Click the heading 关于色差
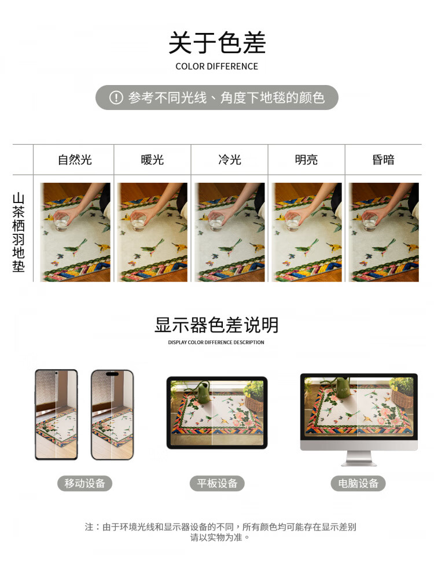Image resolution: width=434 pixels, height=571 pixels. click(x=217, y=43)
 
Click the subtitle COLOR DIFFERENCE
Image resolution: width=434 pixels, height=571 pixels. click(x=217, y=67)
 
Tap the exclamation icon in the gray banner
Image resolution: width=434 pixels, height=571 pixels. click(x=116, y=98)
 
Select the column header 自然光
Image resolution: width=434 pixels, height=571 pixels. click(x=75, y=160)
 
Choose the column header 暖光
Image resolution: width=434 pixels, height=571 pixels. click(x=152, y=160)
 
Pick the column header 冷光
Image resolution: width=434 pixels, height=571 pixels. click(x=230, y=160)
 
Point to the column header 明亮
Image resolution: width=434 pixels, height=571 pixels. click(x=307, y=160)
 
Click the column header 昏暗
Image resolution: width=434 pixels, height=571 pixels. click(x=383, y=160)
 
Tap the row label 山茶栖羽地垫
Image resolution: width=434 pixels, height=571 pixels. click(x=19, y=233)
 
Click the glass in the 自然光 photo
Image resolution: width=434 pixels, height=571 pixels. click(x=61, y=222)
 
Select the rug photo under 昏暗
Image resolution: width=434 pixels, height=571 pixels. click(x=384, y=232)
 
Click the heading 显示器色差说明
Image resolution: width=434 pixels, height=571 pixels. click(x=216, y=325)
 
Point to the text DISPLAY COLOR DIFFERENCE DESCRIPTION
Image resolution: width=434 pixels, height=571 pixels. click(x=216, y=342)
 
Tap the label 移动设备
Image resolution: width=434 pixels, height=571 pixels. click(x=84, y=483)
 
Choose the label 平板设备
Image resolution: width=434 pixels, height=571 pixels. click(x=217, y=483)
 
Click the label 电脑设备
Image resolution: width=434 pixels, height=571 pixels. click(x=358, y=483)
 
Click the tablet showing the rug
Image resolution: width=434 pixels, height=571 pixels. click(x=217, y=412)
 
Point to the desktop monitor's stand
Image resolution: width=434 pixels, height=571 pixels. click(x=359, y=458)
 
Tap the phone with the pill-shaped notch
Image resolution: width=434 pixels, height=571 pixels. click(x=112, y=415)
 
